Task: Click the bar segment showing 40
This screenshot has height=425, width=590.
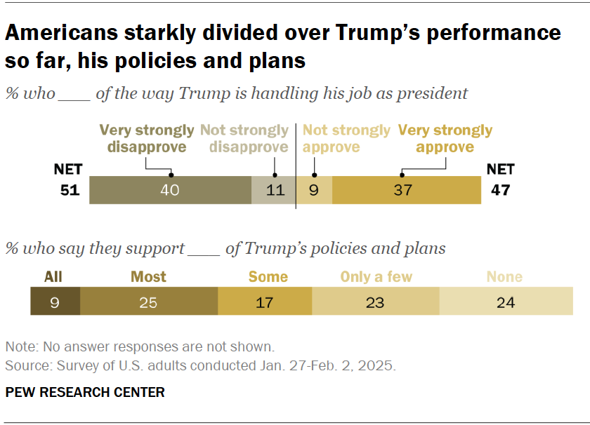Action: coord(170,190)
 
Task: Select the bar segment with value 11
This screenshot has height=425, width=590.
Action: coord(273,190)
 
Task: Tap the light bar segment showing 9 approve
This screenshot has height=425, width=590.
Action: coord(314,190)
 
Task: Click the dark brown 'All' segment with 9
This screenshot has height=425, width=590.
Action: coord(55,302)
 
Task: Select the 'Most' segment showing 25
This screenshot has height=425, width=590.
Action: coord(149,302)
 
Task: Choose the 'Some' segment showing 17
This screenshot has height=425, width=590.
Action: coord(265,302)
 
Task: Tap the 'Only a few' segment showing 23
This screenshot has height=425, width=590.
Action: coord(376,302)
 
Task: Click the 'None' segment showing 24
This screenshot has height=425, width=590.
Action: coord(506,302)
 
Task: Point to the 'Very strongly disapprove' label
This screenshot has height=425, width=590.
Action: coord(146,139)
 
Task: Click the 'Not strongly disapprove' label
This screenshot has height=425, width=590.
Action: coord(244,139)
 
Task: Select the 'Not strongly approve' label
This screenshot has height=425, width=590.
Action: coord(346,139)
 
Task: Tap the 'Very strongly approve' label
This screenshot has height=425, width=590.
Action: coord(445,139)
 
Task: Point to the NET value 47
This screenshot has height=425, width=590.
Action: coord(500,190)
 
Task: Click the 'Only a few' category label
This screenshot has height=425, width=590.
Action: coord(376,276)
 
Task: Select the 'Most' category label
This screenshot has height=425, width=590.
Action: coord(149,276)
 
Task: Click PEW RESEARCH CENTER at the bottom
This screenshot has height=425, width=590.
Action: coord(85,392)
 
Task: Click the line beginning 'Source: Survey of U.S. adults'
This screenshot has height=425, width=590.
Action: coord(201,365)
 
